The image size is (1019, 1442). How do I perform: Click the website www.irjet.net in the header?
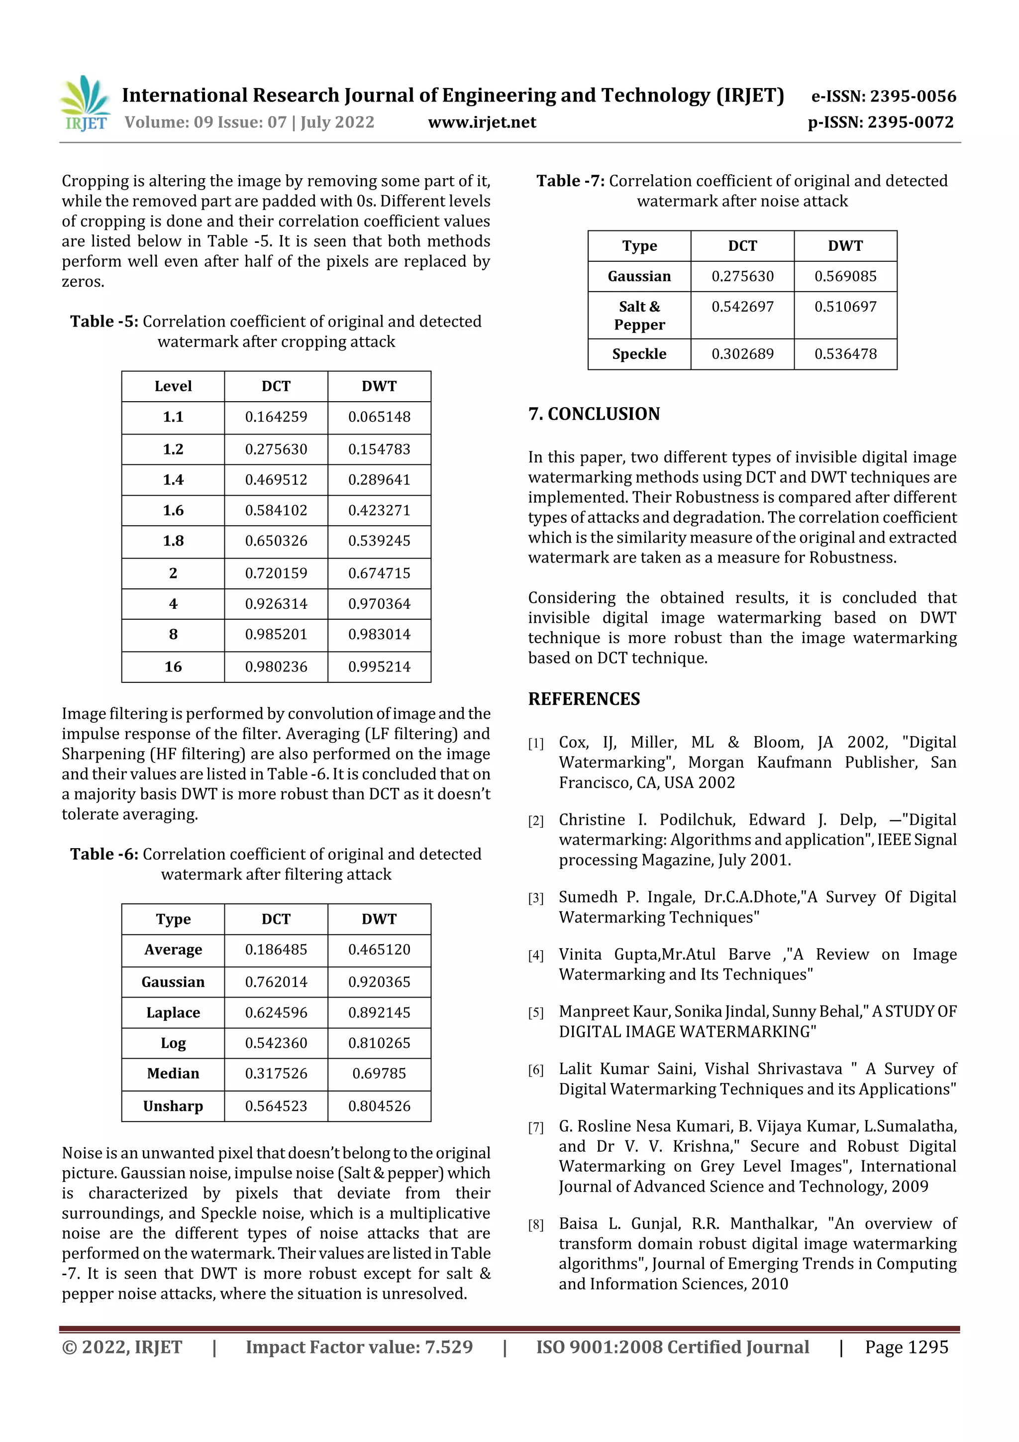point(482,122)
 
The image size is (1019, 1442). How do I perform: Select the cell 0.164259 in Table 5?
point(276,417)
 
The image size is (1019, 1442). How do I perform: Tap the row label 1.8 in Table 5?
point(173,541)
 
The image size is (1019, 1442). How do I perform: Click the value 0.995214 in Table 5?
point(379,667)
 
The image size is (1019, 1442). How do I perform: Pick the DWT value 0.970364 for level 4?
point(379,604)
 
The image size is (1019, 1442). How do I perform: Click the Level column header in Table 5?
point(173,386)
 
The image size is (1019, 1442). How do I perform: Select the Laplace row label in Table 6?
point(173,1012)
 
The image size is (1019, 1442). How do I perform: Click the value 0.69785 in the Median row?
point(379,1073)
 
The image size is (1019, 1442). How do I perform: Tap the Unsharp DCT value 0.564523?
point(276,1106)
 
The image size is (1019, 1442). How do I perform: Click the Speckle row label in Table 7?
point(639,354)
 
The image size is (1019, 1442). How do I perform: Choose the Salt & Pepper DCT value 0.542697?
point(742,307)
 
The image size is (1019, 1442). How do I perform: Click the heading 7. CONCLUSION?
point(594,414)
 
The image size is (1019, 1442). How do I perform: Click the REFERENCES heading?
point(584,699)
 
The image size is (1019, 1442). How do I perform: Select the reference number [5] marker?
point(535,1013)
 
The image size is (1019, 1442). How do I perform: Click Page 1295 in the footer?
point(906,1346)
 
